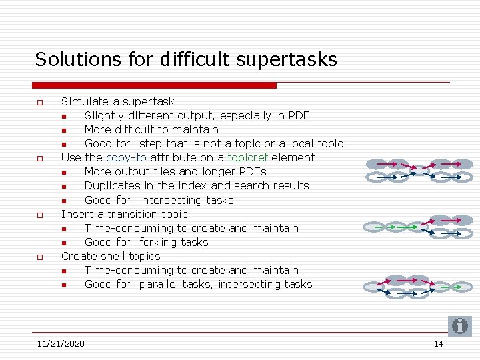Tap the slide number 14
click(x=438, y=344)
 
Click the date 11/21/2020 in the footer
click(x=61, y=344)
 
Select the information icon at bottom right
click(x=459, y=326)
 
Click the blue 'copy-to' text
click(x=126, y=158)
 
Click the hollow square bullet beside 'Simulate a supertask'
click(x=40, y=103)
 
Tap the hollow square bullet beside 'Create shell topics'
click(x=40, y=257)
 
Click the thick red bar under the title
click(x=154, y=85)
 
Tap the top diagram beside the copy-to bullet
click(x=417, y=171)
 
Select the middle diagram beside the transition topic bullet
click(x=417, y=227)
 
